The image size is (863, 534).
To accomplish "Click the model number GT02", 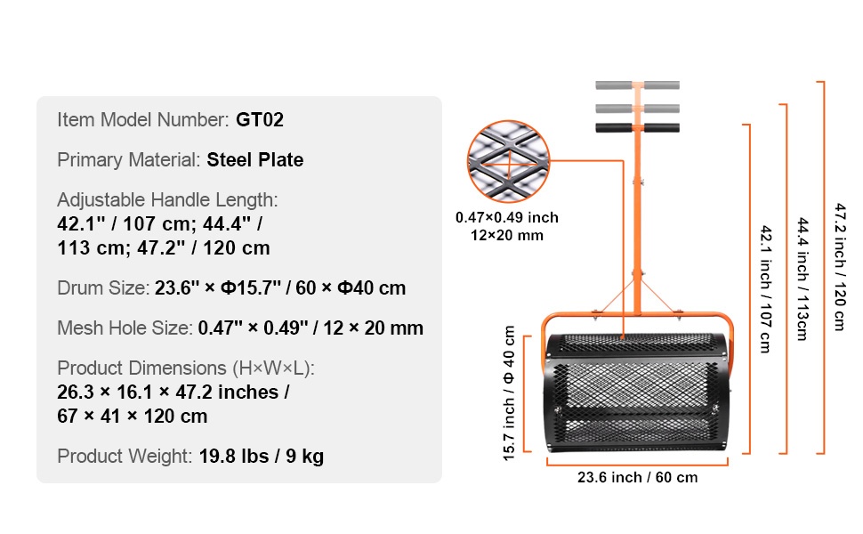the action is (260, 119).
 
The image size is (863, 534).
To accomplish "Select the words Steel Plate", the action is (254, 159).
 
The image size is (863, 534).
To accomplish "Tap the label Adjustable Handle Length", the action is (167, 200).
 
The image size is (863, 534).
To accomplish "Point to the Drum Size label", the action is (103, 288).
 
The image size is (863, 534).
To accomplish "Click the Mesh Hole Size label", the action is (125, 328).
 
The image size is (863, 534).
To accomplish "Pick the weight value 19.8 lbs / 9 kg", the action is (262, 457).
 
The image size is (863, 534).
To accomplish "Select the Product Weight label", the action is (125, 457).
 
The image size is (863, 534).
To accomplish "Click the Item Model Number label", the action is (143, 119).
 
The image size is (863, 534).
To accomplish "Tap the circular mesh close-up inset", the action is (508, 161).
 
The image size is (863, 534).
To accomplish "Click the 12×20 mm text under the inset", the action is (507, 236).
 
